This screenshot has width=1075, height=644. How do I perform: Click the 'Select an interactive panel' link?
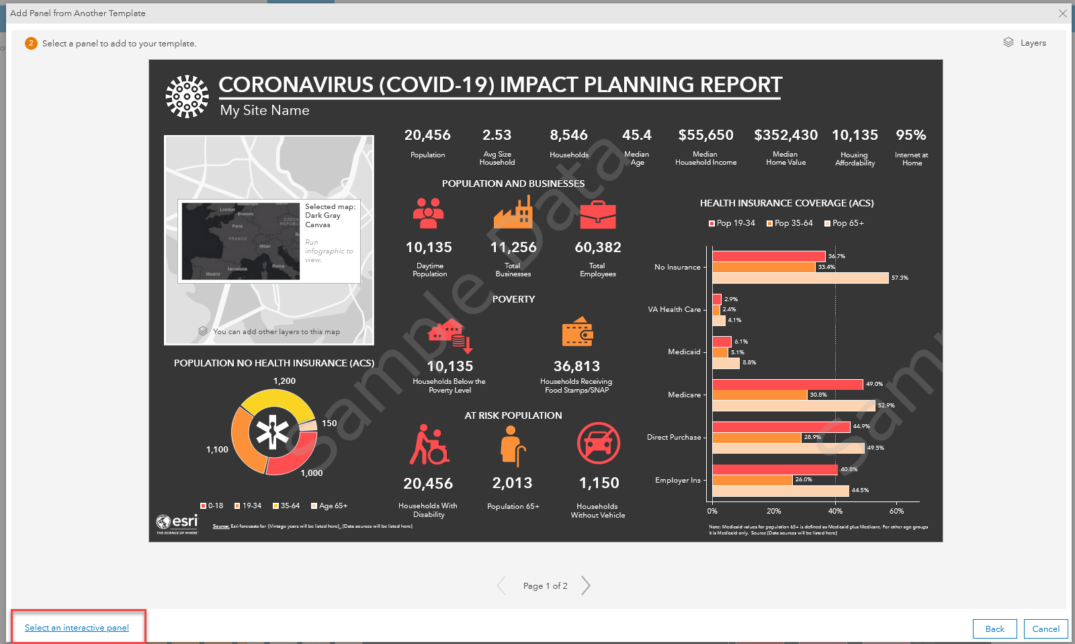point(77,628)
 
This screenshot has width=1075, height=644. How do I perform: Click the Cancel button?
point(1045,629)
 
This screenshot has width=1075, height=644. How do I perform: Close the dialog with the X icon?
point(1062,13)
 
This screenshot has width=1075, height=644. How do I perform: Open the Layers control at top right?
point(1025,42)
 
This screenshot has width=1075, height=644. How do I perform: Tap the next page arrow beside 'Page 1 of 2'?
point(586,586)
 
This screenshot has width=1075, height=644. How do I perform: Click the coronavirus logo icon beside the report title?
point(187,96)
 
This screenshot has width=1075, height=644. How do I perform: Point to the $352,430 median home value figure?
point(785,135)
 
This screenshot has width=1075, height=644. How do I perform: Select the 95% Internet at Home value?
point(910,135)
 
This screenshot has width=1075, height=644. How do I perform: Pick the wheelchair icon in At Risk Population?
point(429,444)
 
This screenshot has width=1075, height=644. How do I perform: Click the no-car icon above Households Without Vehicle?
point(598,443)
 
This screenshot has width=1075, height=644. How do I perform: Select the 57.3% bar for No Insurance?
point(800,278)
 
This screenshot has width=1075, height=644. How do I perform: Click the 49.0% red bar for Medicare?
point(787,385)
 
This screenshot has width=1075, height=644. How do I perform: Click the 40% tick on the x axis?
point(835,511)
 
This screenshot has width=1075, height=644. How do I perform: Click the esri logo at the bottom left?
point(177,522)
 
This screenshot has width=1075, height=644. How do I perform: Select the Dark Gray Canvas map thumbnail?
point(241,241)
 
